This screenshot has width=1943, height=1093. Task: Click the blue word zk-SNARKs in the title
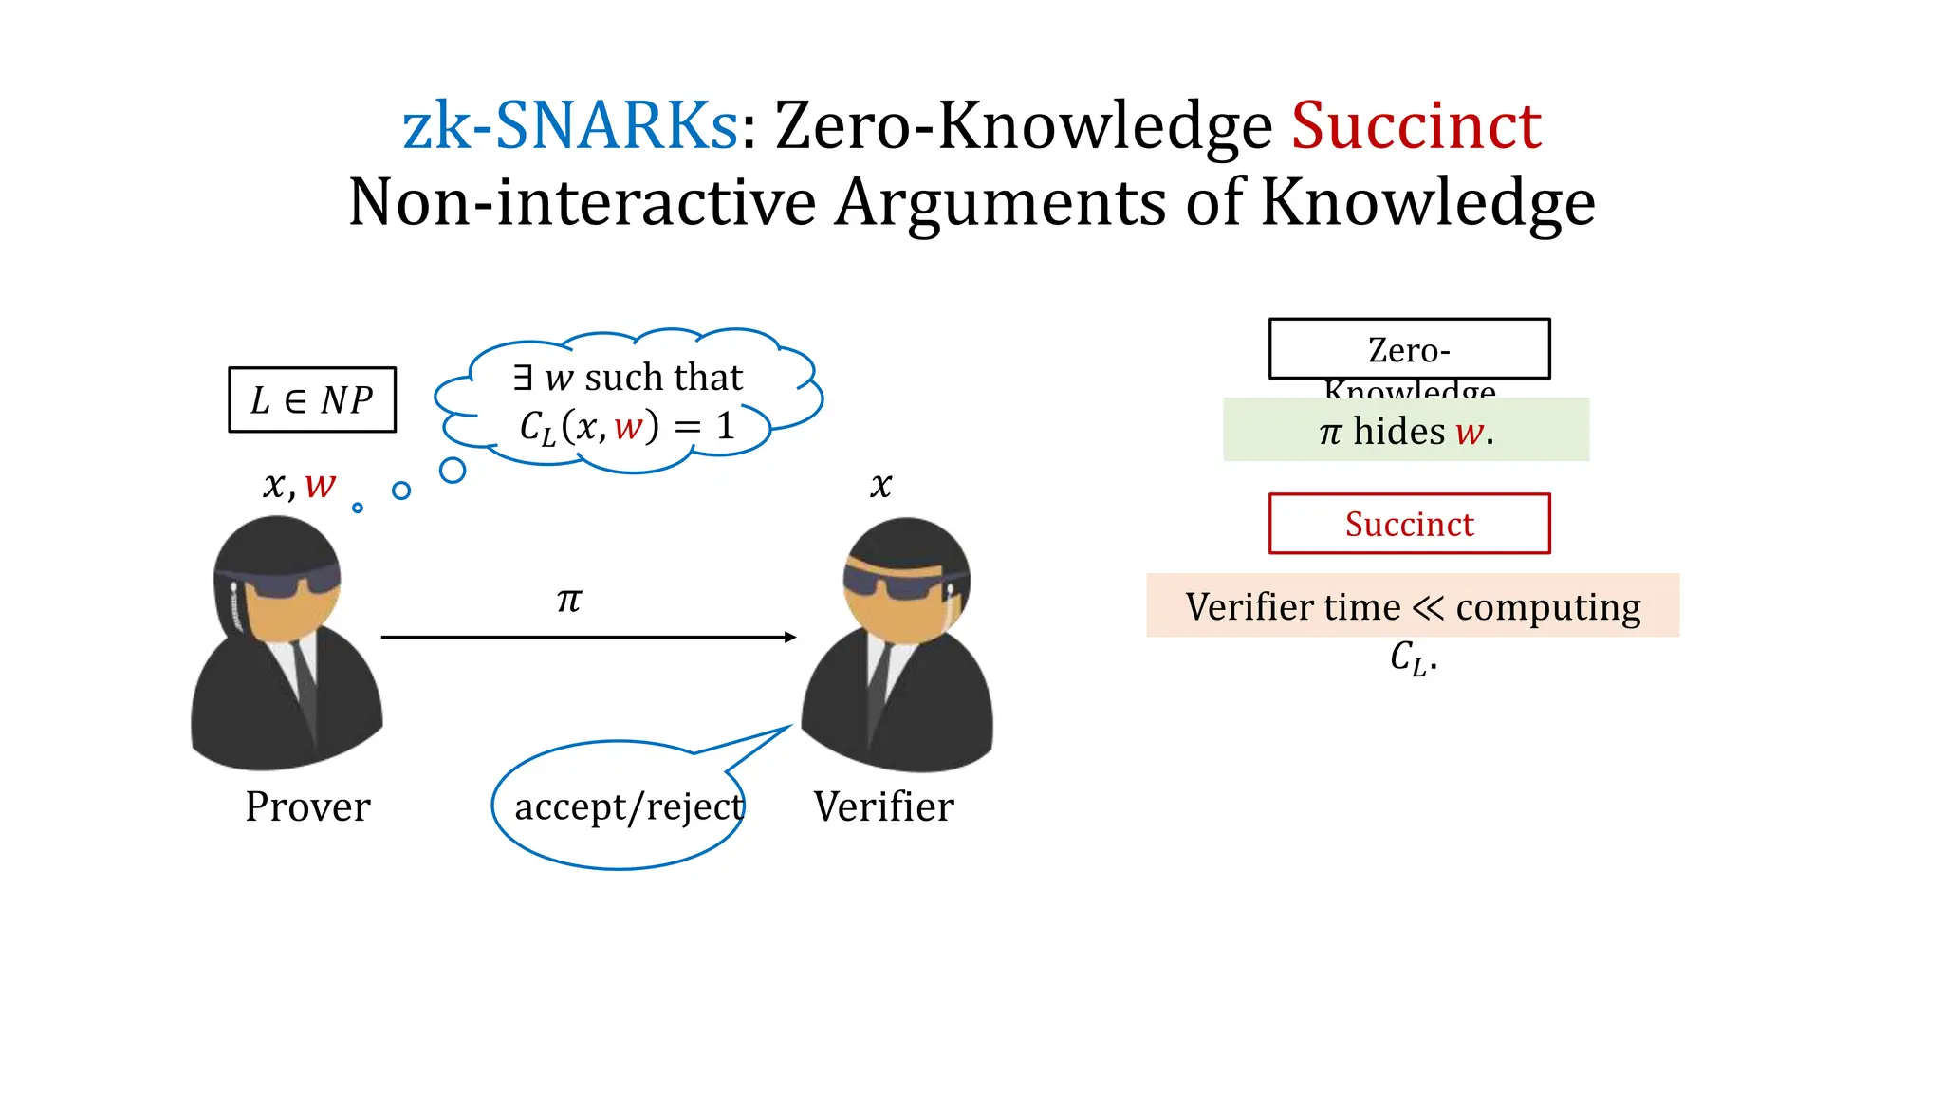[569, 126]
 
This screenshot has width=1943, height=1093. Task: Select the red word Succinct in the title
[1416, 126]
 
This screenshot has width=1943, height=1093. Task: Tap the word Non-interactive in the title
[582, 202]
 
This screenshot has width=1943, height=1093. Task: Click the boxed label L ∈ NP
[312, 399]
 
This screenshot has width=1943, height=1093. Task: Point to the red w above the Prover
[321, 486]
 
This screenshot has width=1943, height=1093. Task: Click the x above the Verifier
[880, 486]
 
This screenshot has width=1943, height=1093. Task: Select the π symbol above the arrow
[569, 600]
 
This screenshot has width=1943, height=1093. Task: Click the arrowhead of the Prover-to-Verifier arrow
[790, 637]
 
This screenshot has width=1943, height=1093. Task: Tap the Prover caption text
[307, 806]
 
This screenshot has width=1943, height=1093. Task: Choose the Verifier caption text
[883, 806]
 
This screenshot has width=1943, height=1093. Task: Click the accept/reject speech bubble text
[629, 806]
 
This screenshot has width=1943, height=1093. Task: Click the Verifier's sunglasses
[897, 583]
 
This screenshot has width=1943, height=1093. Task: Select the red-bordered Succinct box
[1409, 524]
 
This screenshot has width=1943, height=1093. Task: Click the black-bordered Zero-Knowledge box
[1409, 349]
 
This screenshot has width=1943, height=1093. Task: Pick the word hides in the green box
[1398, 432]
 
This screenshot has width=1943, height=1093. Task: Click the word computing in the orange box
[1548, 607]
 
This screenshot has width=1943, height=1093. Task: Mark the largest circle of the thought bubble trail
[453, 470]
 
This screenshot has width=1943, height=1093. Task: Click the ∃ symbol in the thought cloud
[523, 377]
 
